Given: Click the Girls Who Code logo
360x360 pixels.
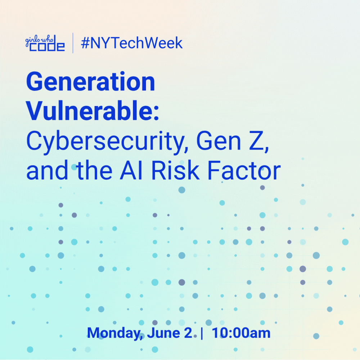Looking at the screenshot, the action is click(45, 43).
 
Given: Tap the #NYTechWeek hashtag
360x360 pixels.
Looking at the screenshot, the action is click(132, 43).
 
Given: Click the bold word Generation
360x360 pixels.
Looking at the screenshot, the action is click(91, 82).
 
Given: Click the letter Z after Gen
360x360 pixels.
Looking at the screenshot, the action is click(256, 140).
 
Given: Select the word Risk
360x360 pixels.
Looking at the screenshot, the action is click(175, 170).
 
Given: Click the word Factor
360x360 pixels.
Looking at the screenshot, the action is click(244, 170).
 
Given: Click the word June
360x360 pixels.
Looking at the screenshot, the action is click(163, 333).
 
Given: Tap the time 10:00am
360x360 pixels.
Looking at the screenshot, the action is click(241, 333).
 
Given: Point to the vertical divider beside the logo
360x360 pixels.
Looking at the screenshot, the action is click(73, 43).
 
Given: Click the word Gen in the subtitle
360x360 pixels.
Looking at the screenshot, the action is click(219, 140).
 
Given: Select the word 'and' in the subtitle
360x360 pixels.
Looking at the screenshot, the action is click(47, 170).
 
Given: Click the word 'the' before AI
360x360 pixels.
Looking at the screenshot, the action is click(94, 170).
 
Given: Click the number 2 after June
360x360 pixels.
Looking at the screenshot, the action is click(188, 333).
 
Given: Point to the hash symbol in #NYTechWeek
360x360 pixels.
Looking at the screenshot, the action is click(85, 43).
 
